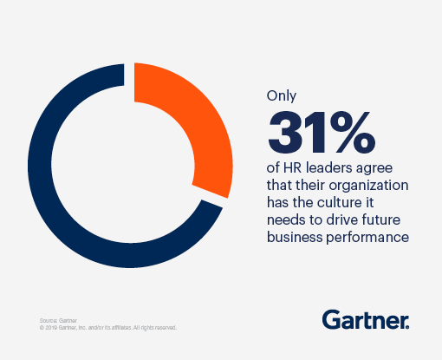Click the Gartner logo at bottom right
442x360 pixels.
pyautogui.click(x=366, y=319)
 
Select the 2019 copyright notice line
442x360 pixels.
pyautogui.click(x=108, y=328)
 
